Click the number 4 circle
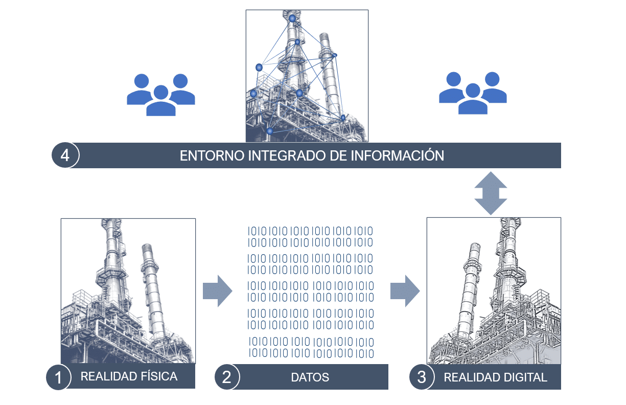[65, 155]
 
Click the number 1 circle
[58, 377]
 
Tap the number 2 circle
[227, 377]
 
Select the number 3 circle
[422, 377]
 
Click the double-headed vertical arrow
[491, 193]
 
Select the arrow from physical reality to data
[217, 291]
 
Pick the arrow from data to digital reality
[405, 291]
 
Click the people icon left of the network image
[161, 95]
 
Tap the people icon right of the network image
[473, 93]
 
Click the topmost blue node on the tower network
[292, 18]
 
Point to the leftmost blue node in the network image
[253, 94]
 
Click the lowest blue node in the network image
[270, 131]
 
